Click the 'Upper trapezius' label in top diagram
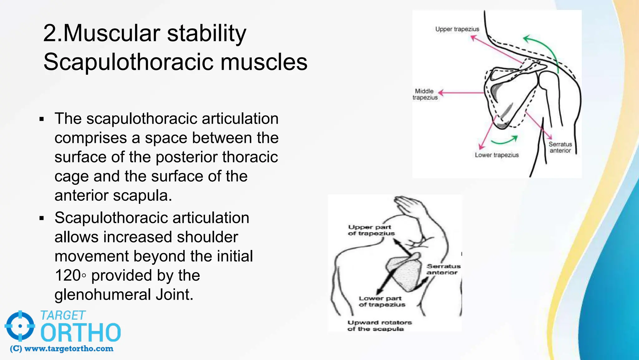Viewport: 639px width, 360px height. (457, 29)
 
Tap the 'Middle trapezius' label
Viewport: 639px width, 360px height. (425, 94)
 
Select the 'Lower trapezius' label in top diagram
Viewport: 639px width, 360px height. (497, 155)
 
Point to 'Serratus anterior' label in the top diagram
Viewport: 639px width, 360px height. (560, 147)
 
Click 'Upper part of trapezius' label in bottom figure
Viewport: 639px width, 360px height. (371, 230)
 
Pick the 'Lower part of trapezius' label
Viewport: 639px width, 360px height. (382, 301)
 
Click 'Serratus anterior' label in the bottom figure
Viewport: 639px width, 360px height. (443, 269)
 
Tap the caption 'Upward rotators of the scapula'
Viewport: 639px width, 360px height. (379, 325)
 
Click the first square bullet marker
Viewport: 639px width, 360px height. (42, 119)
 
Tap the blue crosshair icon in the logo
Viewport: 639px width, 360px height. (20, 326)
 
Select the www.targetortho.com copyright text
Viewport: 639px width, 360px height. (62, 349)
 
